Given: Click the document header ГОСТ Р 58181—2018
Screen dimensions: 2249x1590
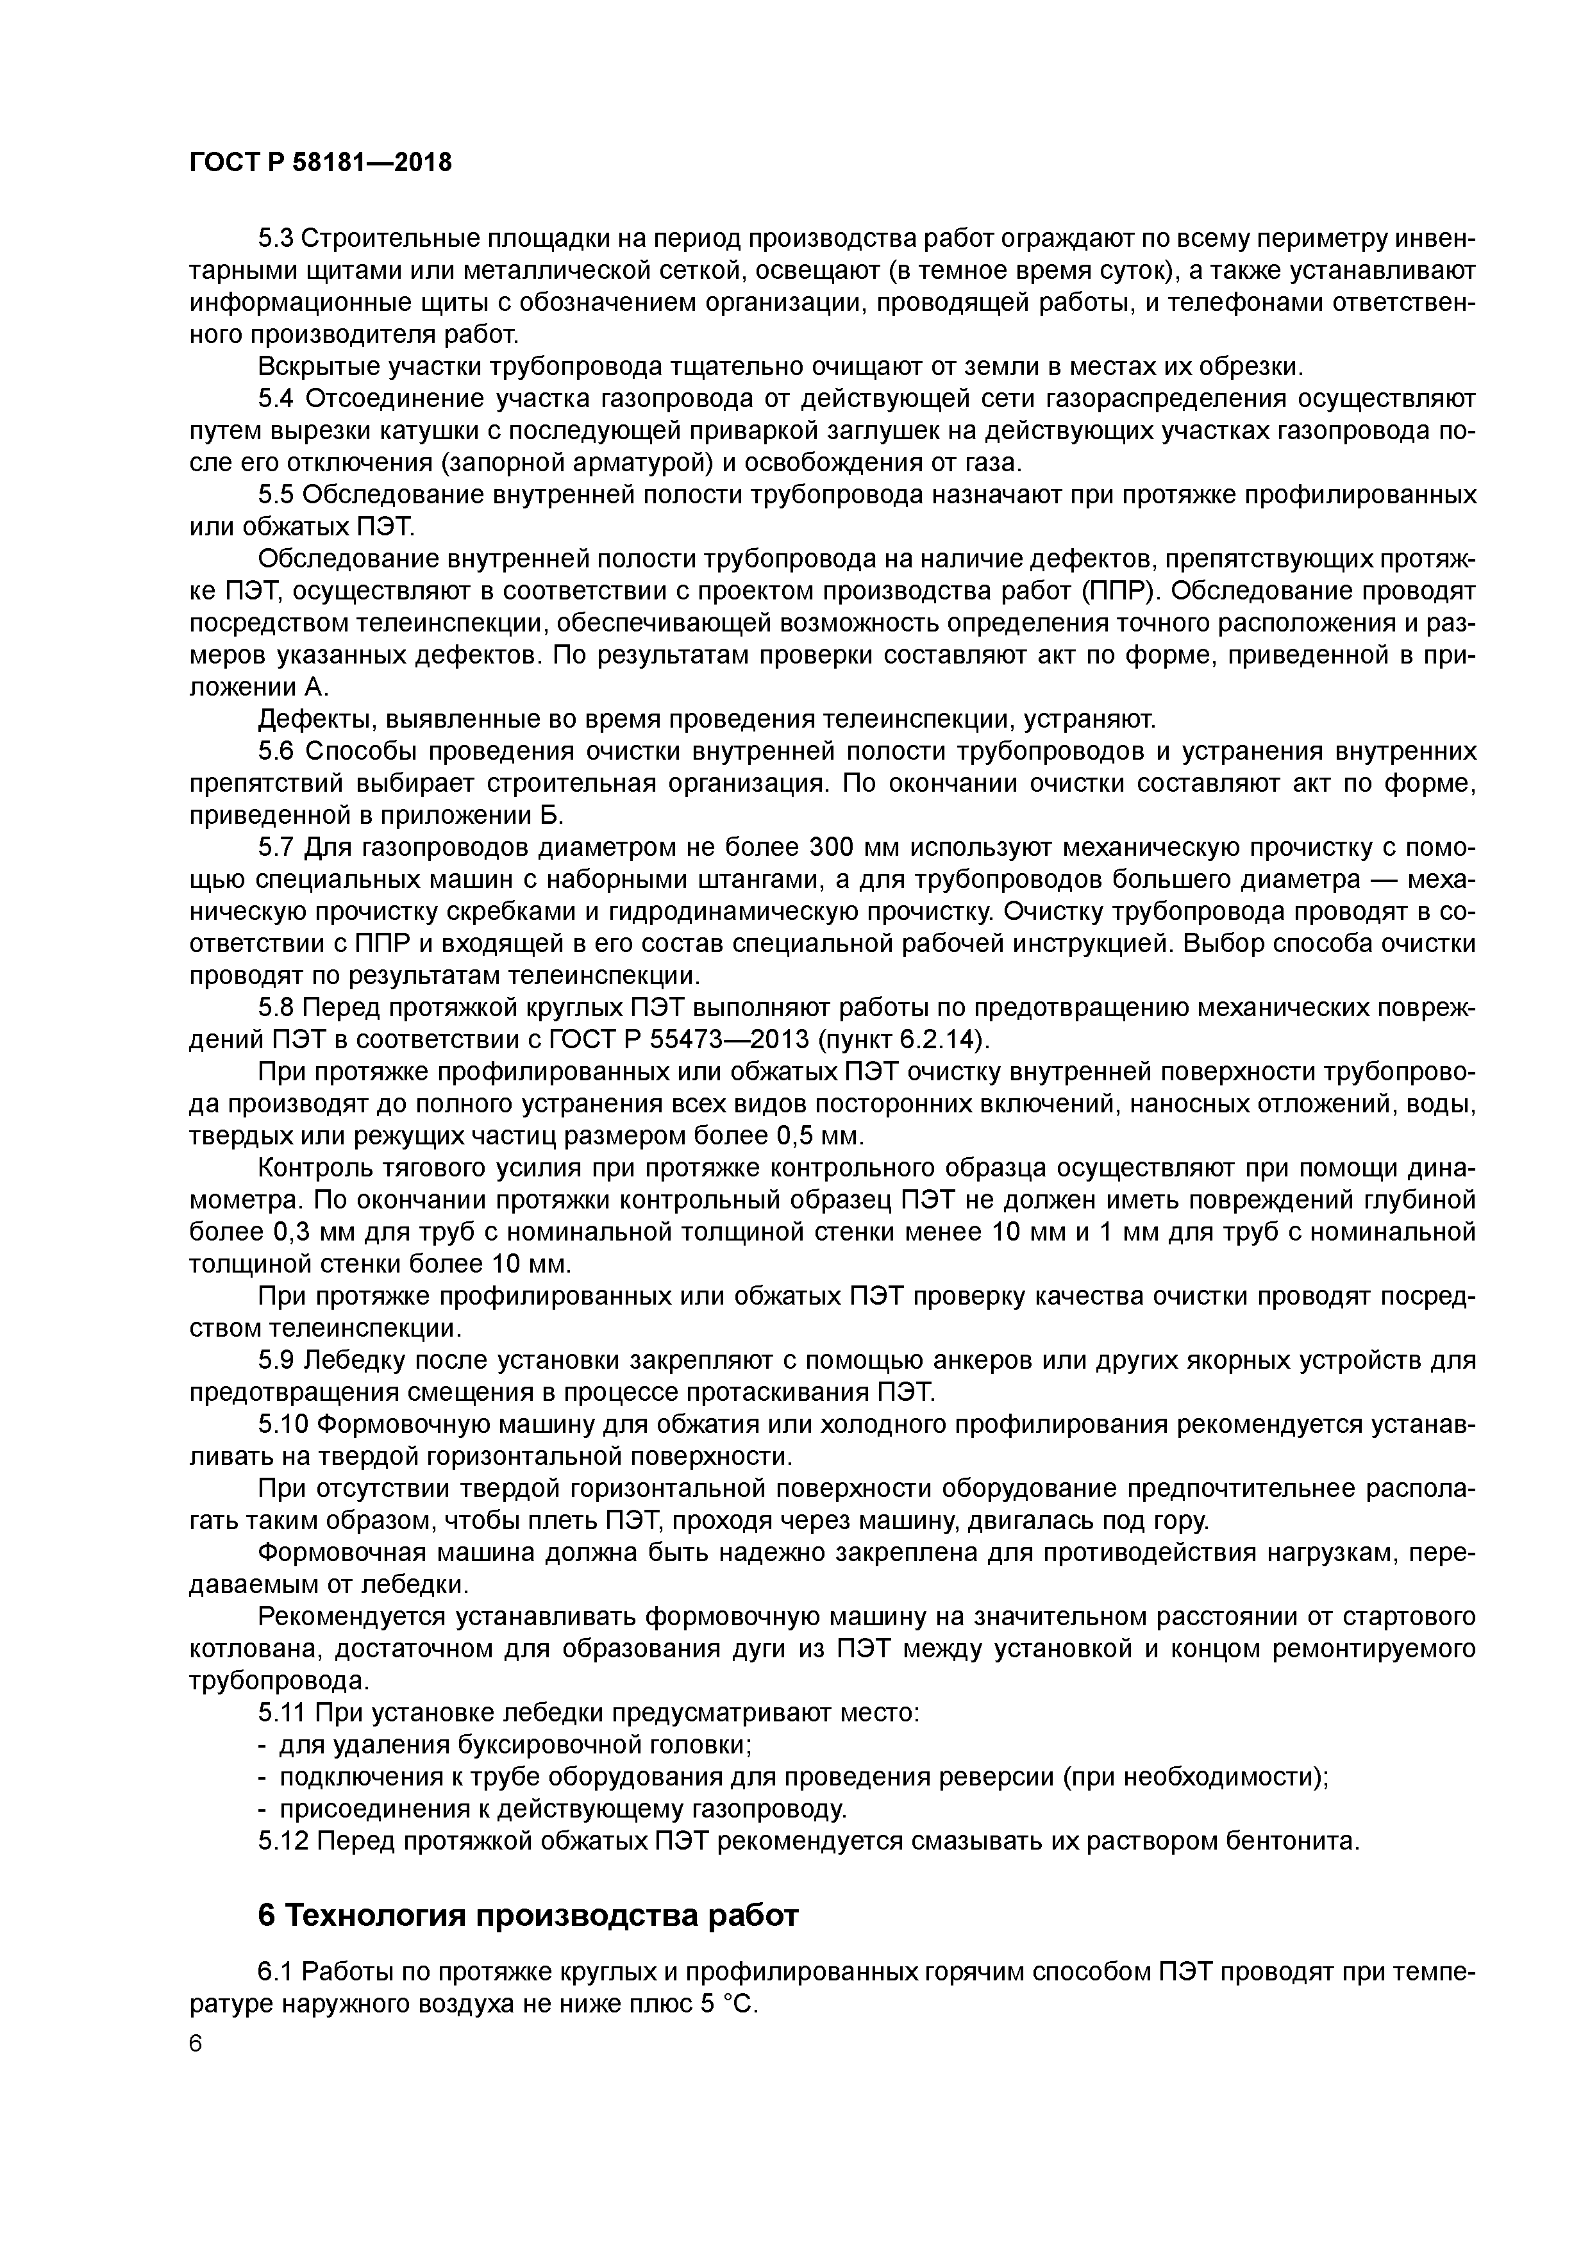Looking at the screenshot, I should pos(321,163).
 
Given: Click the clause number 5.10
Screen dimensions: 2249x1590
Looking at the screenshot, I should pos(283,1425).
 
